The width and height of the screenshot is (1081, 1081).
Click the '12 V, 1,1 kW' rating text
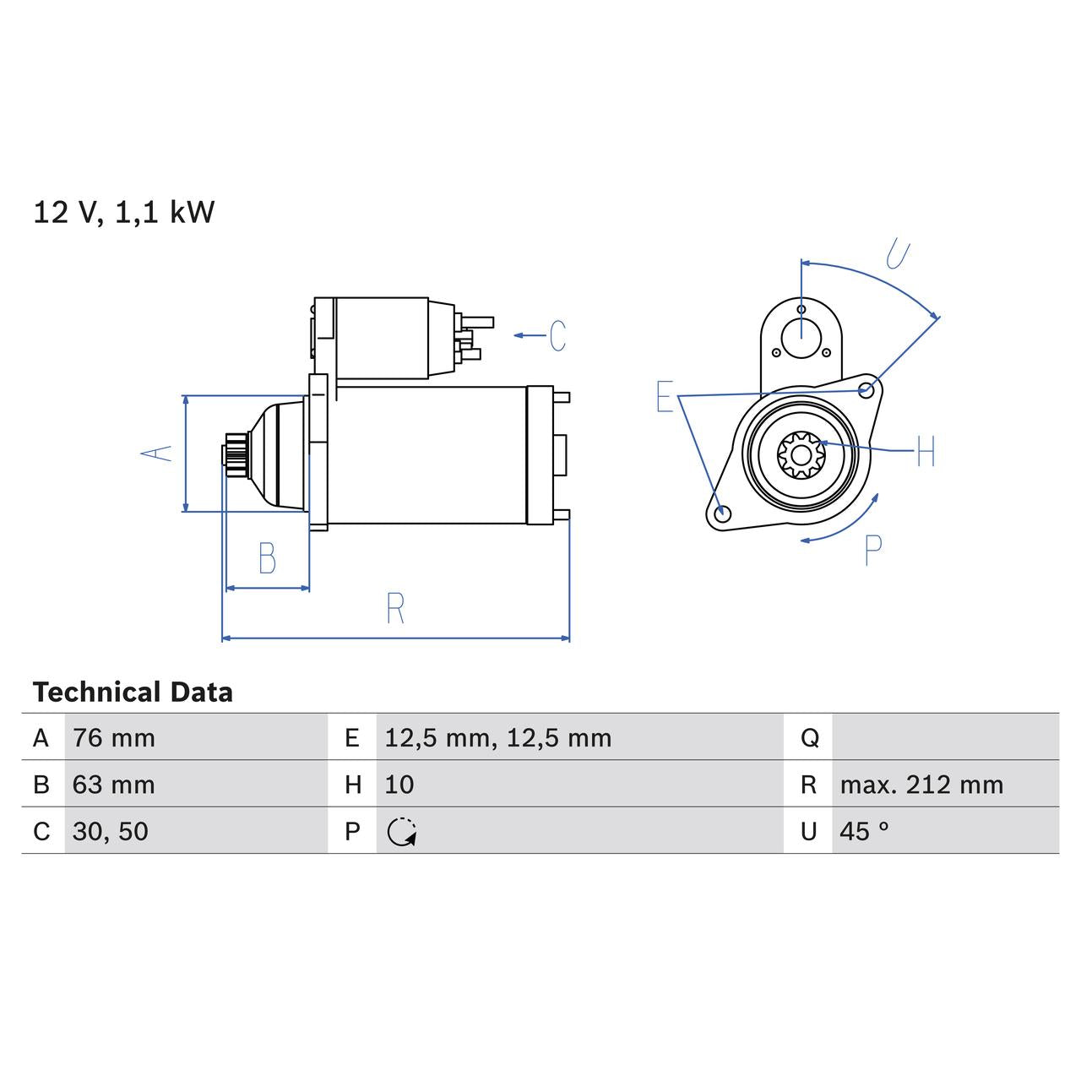click(124, 212)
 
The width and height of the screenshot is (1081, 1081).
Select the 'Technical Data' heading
click(133, 693)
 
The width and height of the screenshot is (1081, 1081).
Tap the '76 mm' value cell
click(114, 738)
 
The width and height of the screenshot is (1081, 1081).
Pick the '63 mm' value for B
click(114, 785)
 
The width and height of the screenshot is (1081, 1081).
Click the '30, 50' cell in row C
click(111, 831)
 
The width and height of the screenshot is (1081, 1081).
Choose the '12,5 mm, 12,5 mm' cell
click(497, 738)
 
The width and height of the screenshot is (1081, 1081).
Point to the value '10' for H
click(399, 785)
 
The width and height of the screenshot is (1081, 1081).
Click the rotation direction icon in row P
click(402, 832)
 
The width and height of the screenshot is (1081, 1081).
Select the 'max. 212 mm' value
click(921, 785)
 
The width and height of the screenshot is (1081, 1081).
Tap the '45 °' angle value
click(864, 831)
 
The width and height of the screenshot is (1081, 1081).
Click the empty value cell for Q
click(944, 737)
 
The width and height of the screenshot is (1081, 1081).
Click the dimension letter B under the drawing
click(267, 558)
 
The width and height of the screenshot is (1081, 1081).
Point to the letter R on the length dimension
click(395, 608)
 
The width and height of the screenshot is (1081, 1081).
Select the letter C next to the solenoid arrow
click(557, 335)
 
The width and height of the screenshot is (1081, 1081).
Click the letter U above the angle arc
click(899, 253)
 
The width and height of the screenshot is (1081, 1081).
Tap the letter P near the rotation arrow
click(873, 550)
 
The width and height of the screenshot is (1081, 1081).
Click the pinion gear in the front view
click(801, 455)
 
